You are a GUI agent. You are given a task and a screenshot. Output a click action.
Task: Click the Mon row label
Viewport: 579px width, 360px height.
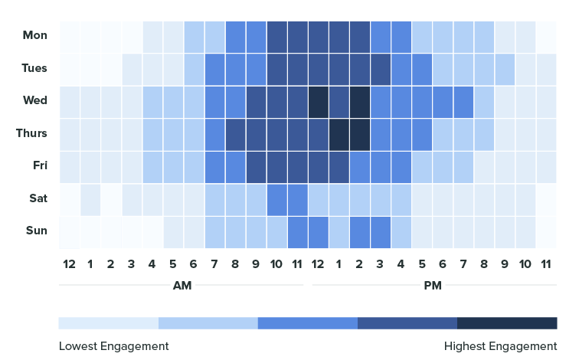tap(35, 35)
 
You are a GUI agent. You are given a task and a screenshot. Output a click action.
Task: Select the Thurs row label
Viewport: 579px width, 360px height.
tap(32, 133)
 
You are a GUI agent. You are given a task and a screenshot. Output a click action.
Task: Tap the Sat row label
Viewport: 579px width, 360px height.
tap(38, 198)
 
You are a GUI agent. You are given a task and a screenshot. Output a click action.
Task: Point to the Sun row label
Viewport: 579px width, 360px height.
tap(37, 231)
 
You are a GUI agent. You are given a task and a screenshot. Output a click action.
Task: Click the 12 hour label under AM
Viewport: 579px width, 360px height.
tap(70, 264)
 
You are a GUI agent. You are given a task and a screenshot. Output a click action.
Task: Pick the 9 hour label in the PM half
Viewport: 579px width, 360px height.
tap(505, 264)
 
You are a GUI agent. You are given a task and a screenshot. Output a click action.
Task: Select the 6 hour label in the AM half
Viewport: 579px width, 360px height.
tap(194, 264)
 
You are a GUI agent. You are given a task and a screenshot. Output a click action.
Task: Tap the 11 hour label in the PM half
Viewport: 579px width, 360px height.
tap(546, 264)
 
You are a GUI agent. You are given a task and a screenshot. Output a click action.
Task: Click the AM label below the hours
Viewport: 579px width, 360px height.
tap(182, 286)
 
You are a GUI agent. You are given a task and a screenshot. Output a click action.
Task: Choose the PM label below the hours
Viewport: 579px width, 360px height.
tap(433, 286)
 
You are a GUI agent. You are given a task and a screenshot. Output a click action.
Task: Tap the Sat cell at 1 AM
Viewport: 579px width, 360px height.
tap(90, 198)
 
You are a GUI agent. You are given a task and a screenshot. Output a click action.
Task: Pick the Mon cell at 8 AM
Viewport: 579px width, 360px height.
tap(235, 35)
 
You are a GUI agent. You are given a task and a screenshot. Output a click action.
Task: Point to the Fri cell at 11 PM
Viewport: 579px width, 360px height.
tap(546, 165)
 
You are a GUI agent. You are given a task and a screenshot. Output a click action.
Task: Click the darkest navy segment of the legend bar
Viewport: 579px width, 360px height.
tap(507, 322)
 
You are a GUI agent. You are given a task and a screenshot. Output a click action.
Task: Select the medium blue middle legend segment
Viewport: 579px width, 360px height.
tap(308, 322)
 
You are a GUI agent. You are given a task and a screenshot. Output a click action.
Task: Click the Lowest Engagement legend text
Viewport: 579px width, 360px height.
tap(113, 346)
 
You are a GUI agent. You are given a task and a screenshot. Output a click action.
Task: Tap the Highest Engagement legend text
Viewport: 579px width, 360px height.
tap(500, 346)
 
